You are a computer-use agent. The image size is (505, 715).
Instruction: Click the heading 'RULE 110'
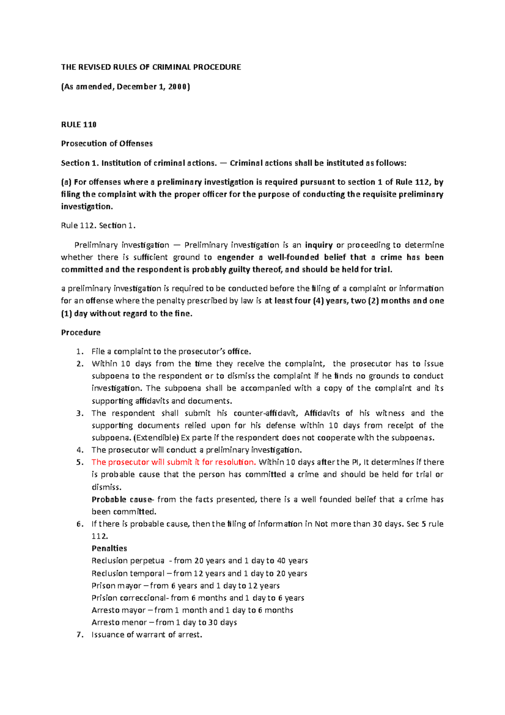click(79, 125)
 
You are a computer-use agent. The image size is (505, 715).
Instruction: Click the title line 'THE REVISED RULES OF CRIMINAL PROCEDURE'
click(151, 67)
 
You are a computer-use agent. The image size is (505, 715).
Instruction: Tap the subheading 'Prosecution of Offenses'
click(107, 144)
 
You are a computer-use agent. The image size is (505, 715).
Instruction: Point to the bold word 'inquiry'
click(319, 245)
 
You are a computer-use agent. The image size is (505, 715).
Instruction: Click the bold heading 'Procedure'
click(81, 333)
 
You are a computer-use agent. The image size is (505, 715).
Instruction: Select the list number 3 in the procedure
click(80, 414)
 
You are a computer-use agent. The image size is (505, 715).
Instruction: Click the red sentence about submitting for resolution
click(174, 462)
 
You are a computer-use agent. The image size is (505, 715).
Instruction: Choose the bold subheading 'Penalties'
click(109, 549)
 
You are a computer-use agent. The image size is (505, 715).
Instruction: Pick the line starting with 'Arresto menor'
click(164, 622)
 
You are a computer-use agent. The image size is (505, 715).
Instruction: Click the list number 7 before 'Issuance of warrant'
click(80, 635)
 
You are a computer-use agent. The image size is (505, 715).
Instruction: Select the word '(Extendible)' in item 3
click(155, 438)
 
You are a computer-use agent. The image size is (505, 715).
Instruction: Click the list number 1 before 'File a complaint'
click(80, 352)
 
